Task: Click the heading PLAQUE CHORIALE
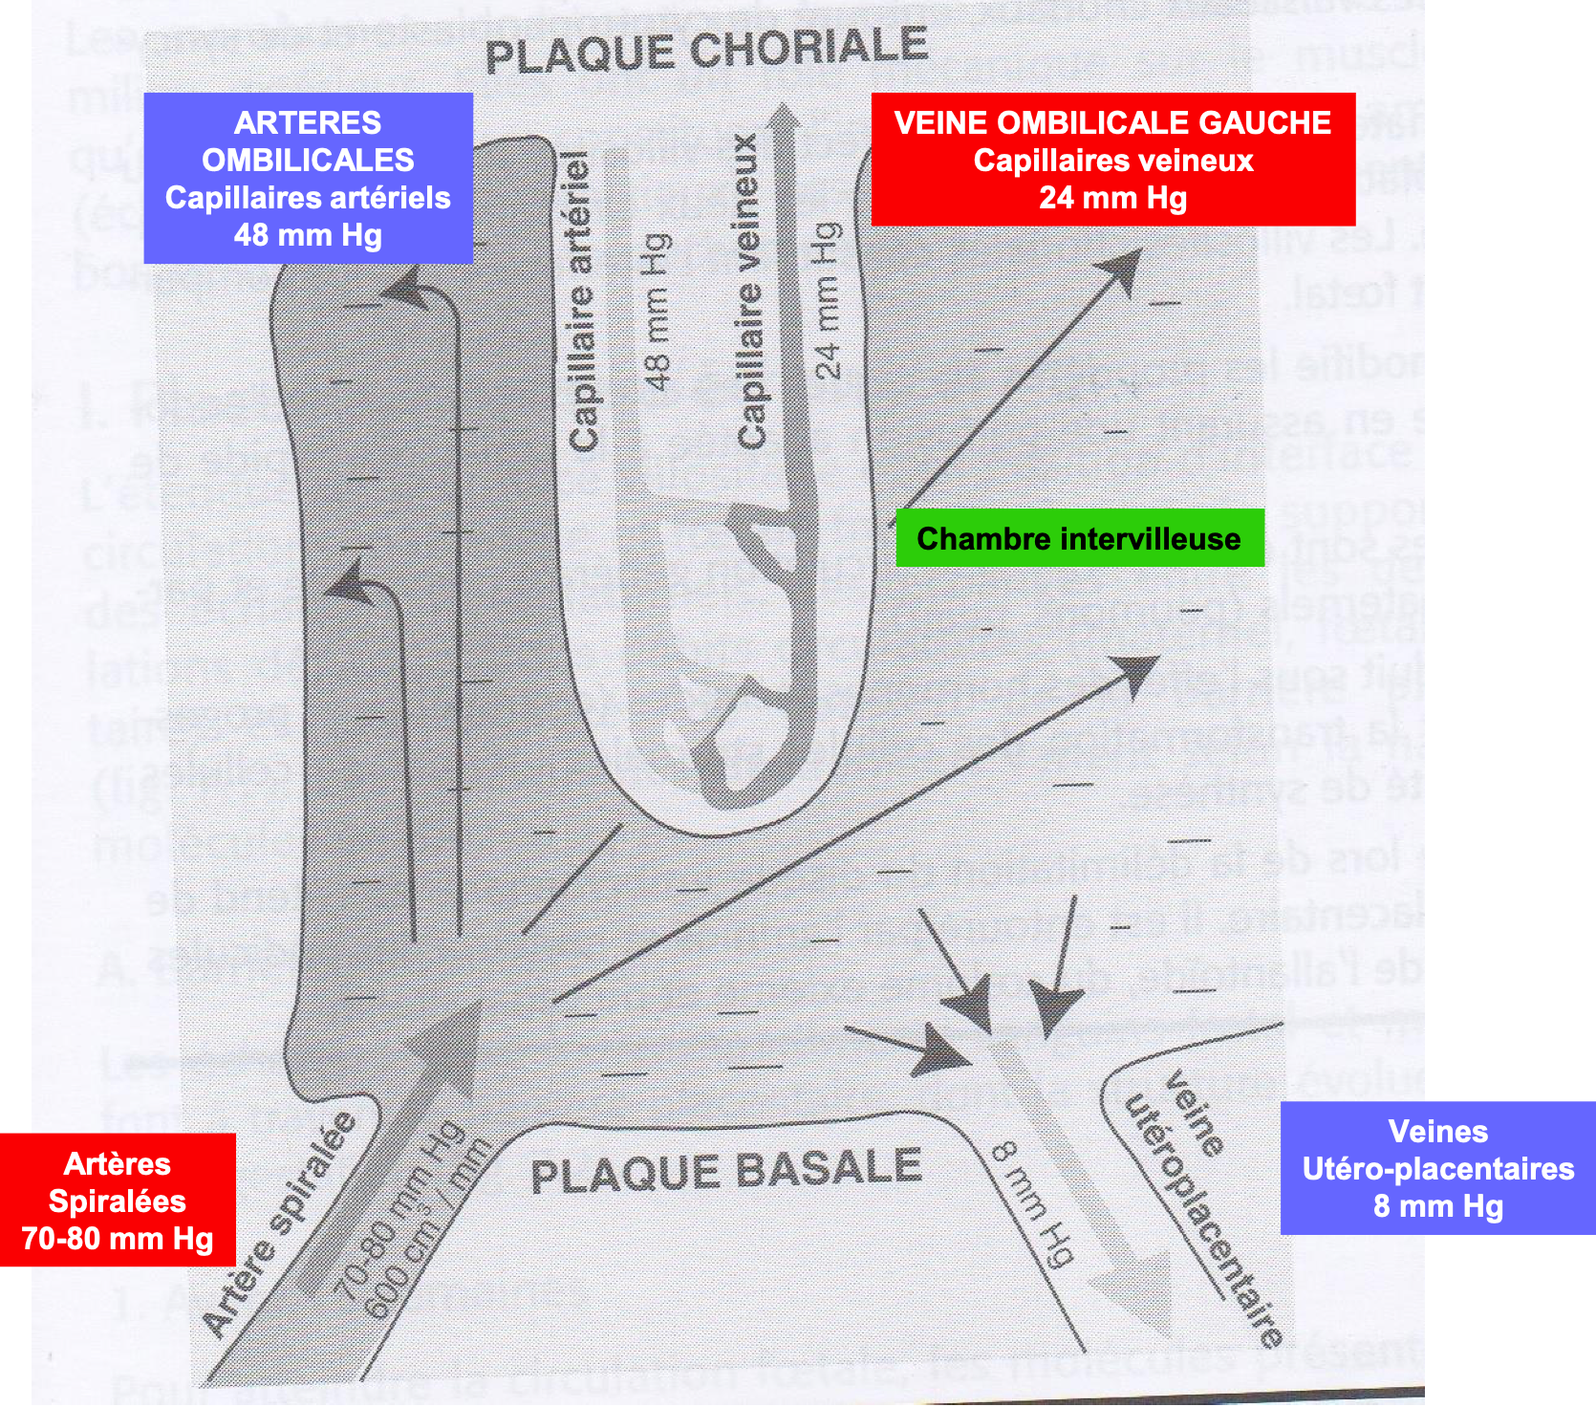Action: point(706,50)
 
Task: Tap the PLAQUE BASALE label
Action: point(725,1171)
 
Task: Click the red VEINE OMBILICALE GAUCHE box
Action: point(1112,159)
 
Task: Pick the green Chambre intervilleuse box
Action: point(1079,538)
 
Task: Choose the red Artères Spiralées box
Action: point(118,1200)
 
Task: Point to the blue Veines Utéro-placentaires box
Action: point(1437,1167)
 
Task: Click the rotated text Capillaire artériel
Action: point(582,301)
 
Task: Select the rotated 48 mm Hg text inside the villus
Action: point(658,311)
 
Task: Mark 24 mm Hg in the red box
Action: point(1112,198)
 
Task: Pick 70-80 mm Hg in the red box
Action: point(118,1238)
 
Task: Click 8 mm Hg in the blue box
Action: point(1437,1206)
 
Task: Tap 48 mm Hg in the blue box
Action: point(308,235)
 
